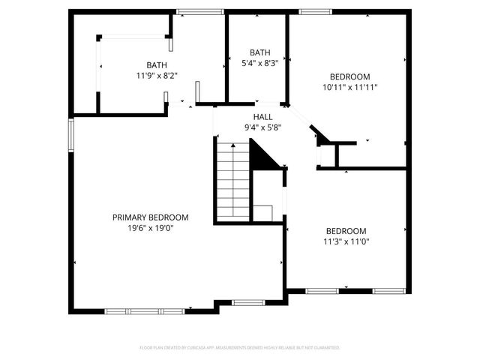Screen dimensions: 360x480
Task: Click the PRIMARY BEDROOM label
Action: [150, 217]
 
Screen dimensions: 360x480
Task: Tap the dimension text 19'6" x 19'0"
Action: [150, 228]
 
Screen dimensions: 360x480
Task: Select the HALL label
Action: [262, 117]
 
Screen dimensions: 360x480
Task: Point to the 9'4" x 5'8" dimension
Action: [262, 127]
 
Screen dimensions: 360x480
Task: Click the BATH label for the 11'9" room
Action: [157, 65]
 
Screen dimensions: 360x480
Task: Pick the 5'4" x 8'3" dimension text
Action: [259, 64]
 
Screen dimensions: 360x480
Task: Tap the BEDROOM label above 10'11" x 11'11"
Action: [350, 76]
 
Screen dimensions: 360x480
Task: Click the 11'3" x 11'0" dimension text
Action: [346, 241]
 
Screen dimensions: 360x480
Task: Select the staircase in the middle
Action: [232, 180]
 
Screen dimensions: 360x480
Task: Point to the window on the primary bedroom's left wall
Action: [72, 135]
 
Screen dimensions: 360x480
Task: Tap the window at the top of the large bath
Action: [194, 11]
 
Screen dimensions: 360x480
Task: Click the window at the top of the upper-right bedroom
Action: [311, 11]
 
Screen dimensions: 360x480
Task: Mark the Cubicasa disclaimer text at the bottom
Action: [240, 348]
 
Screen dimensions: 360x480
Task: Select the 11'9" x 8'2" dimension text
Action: [157, 76]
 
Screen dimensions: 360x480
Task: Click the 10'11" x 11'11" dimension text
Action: [350, 87]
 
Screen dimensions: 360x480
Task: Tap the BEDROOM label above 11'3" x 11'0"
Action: [346, 231]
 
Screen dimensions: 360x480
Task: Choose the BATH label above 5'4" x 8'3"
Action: [259, 52]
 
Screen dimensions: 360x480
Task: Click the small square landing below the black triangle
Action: [262, 212]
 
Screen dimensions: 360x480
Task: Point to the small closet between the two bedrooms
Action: [328, 155]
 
